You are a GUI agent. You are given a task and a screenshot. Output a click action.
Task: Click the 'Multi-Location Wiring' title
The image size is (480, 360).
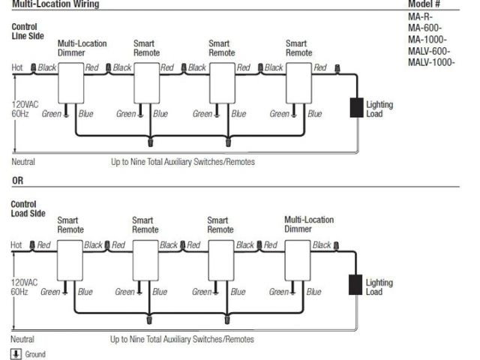click(55, 4)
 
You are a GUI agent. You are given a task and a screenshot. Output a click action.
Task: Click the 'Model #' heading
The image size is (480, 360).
click(424, 4)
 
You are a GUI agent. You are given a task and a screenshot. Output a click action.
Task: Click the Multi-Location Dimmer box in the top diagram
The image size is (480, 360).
click(72, 83)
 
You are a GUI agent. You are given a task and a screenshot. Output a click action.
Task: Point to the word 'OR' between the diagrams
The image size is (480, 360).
click(17, 181)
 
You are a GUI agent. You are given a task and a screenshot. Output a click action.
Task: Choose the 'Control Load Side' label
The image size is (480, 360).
click(25, 208)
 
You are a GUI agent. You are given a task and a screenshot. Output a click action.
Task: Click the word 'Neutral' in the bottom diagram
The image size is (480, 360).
click(23, 339)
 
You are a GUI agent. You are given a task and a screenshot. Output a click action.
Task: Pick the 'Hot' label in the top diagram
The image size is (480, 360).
click(17, 67)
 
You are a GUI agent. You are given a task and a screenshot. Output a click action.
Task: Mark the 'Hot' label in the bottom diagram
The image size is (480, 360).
click(17, 245)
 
